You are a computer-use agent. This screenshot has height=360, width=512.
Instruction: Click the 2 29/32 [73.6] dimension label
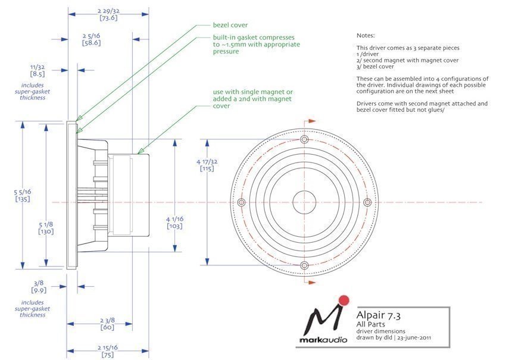point(108,14)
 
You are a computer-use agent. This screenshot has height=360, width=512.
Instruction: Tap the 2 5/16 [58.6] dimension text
point(91,39)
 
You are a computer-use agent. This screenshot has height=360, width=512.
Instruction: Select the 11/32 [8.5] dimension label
point(38,70)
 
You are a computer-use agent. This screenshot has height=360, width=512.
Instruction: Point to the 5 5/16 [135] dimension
point(23,195)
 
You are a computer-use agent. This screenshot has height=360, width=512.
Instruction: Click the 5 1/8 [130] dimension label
point(46,228)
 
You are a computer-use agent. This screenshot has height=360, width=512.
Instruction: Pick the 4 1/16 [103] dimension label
point(174,223)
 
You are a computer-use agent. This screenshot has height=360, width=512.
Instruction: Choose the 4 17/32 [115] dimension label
point(207,165)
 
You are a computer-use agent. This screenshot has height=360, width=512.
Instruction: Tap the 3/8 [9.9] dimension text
point(39,287)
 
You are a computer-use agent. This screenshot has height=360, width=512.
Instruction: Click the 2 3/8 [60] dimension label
point(107,324)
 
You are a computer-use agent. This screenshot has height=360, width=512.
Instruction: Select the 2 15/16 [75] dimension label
point(107,351)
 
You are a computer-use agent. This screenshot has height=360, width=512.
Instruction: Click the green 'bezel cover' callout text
point(230,25)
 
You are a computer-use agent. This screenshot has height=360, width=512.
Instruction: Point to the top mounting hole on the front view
point(304,140)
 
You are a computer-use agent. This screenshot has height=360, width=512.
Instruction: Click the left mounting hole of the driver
point(241,202)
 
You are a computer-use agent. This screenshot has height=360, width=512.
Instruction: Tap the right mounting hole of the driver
point(367,202)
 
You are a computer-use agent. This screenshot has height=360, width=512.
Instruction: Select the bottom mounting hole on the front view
point(304,265)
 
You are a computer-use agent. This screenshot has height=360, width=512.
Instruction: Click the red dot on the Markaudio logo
point(344,300)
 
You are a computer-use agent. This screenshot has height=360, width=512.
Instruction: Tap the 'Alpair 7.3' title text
point(379,315)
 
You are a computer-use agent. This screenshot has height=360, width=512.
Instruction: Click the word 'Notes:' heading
point(366,36)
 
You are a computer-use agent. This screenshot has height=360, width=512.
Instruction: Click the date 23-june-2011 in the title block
point(414,337)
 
